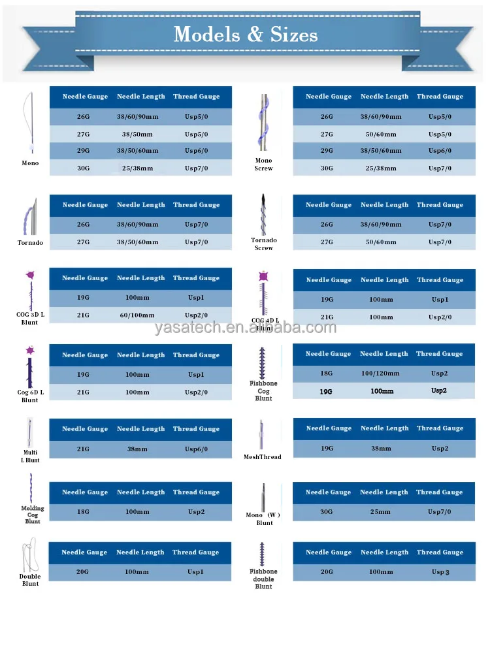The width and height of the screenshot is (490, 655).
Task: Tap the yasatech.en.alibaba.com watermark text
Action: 245,327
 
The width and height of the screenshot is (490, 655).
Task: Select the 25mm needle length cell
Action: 384,512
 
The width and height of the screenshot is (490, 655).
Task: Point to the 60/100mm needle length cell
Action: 137,315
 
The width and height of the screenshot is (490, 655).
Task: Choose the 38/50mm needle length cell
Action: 137,134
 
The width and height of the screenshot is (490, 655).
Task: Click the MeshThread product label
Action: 263,456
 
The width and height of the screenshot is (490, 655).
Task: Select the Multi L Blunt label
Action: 30,456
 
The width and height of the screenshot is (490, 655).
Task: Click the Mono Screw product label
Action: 263,164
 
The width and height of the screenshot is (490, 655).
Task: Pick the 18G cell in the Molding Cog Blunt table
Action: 84,513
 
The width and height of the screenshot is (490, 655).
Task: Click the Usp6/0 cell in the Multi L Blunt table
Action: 196,449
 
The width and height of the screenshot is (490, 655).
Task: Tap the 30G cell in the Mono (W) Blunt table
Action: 327,512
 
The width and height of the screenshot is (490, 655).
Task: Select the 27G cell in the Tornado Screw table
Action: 327,242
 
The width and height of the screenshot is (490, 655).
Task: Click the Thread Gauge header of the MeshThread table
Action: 440,428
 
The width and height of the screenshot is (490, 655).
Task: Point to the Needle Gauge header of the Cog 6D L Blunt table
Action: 85,355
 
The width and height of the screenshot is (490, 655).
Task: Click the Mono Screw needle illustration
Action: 263,123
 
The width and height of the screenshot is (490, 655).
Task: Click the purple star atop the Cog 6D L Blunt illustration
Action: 30,351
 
